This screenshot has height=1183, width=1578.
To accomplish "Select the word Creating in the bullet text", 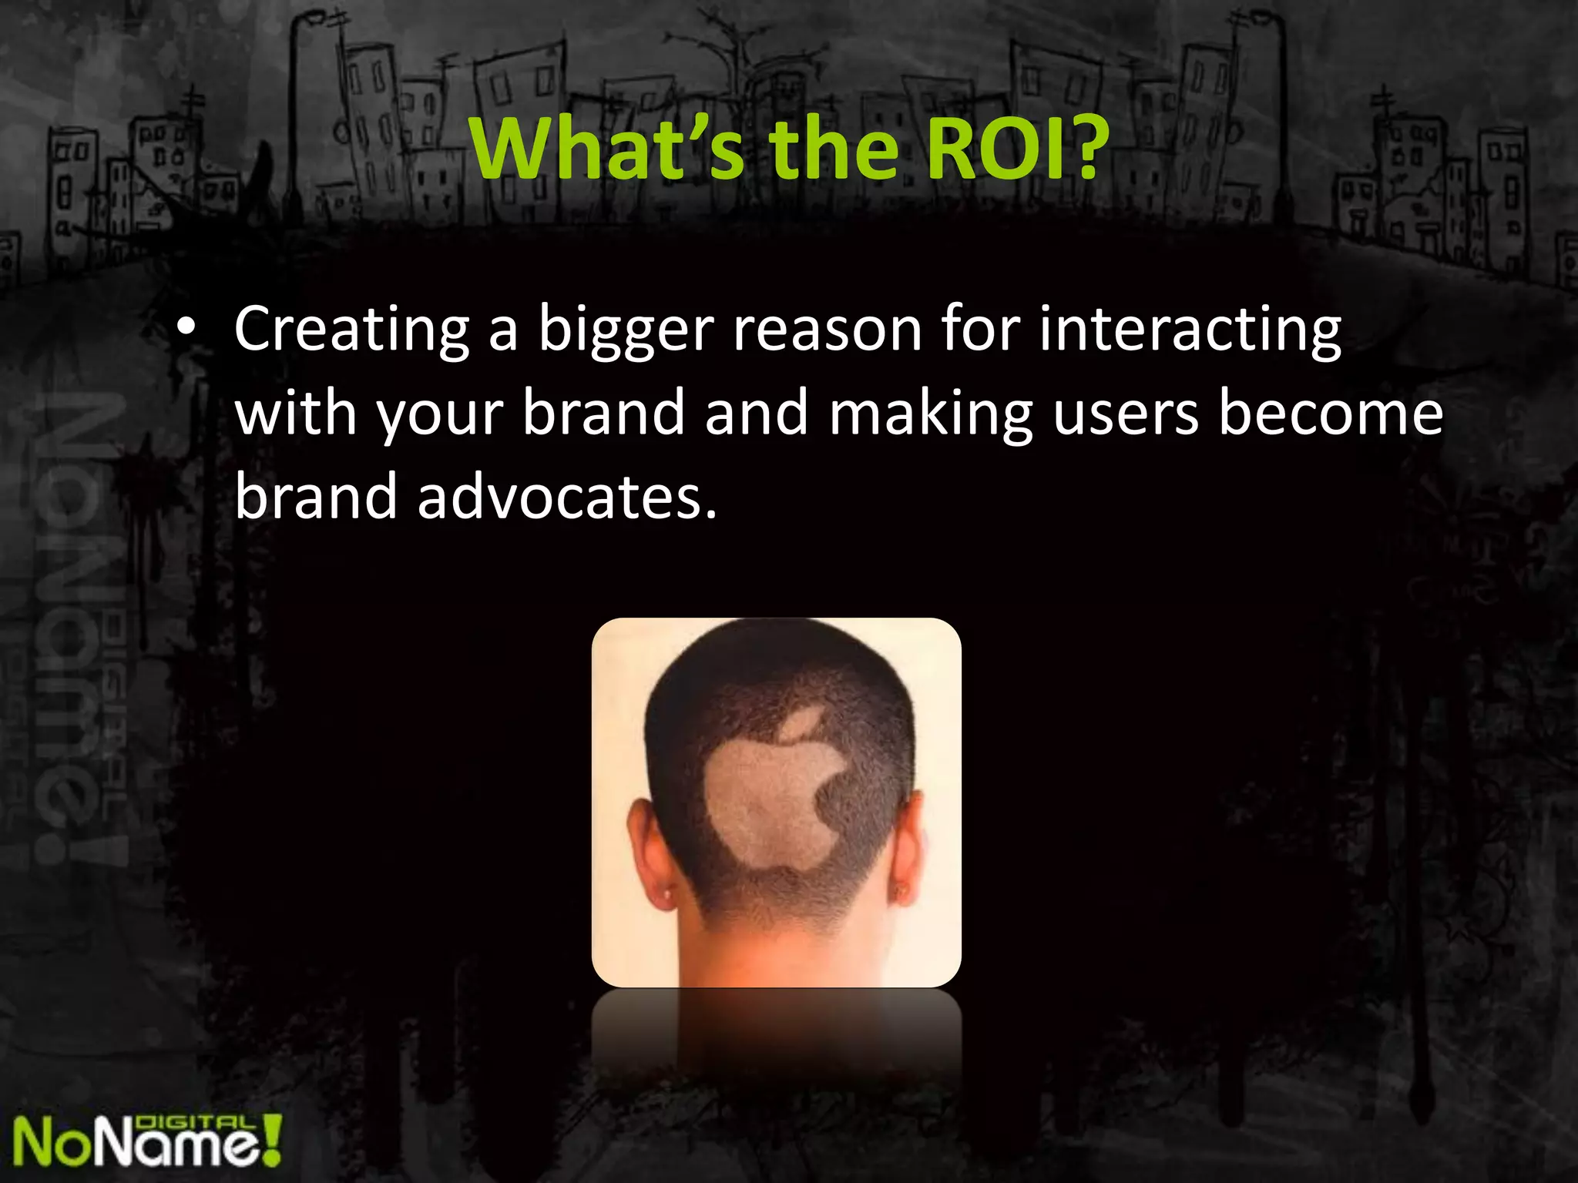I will point(351,330).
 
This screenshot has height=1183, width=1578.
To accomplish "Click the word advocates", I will point(567,497).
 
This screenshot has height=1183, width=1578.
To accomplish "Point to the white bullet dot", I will point(185,330).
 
